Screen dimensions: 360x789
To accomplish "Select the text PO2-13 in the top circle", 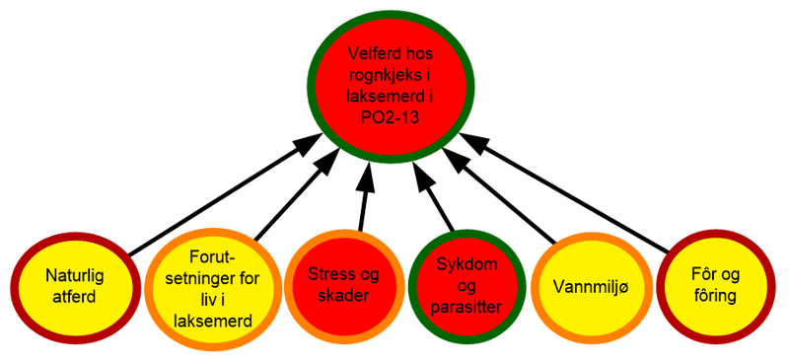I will click(391, 115).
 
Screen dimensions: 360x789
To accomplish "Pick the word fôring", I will click(714, 297).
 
